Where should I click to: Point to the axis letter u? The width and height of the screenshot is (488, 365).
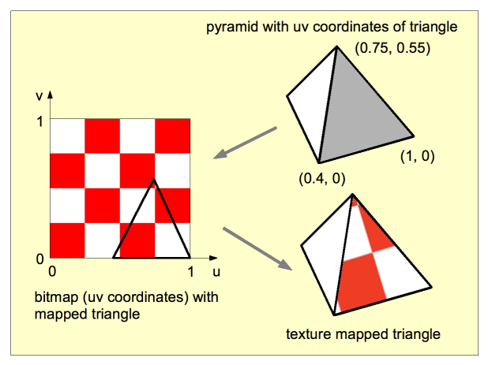(x=215, y=271)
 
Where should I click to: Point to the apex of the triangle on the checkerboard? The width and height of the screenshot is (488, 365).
(x=154, y=181)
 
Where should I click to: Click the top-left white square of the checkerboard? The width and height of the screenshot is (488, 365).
(x=67, y=136)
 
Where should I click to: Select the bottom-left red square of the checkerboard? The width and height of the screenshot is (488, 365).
(x=67, y=240)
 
